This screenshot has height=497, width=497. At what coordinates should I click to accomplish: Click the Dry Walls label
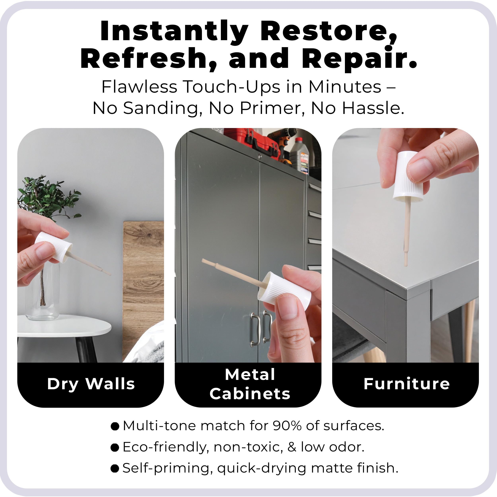(x=91, y=384)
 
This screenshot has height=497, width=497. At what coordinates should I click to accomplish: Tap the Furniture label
(x=407, y=384)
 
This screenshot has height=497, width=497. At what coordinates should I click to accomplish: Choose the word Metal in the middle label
(x=250, y=375)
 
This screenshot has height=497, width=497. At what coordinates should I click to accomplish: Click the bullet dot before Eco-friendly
(x=115, y=448)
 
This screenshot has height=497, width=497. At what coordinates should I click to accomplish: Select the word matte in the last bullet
(x=332, y=468)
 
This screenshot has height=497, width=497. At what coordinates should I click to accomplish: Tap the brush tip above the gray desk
(x=406, y=260)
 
